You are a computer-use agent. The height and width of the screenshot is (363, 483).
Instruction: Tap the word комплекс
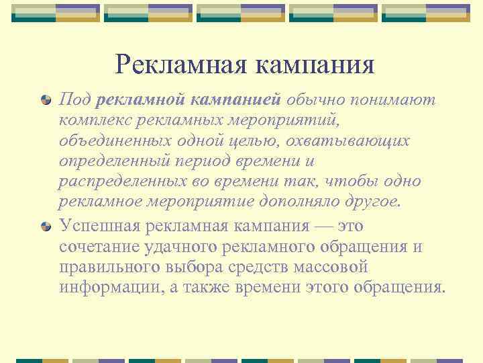(x=91, y=120)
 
